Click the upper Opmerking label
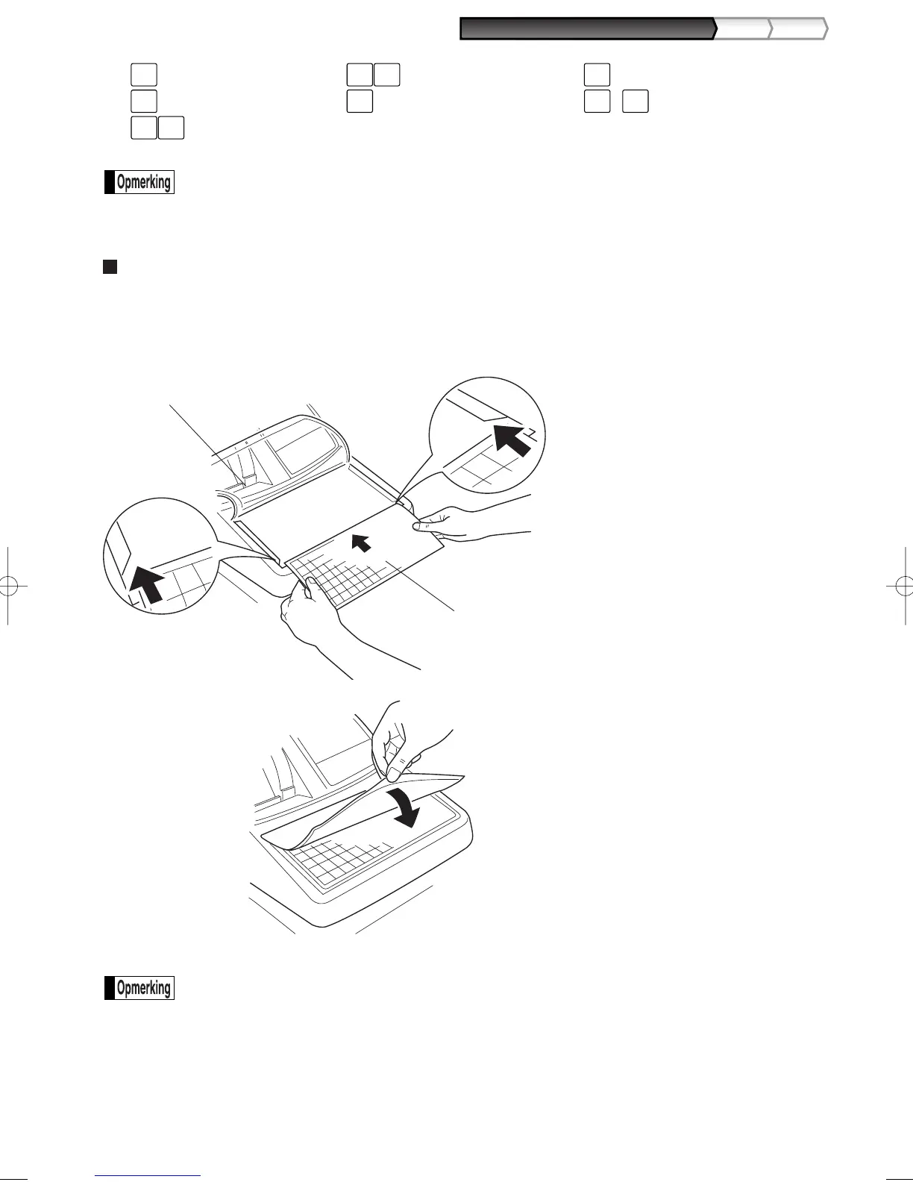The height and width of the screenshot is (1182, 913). click(x=139, y=183)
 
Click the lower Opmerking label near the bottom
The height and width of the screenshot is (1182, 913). click(x=139, y=988)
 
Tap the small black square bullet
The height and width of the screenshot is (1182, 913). click(x=110, y=266)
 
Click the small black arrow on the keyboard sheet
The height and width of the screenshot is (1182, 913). click(x=362, y=542)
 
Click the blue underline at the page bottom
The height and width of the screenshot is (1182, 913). click(x=148, y=1176)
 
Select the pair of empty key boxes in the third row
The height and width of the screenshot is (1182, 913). click(x=157, y=128)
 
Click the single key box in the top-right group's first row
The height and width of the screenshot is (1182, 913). click(x=597, y=75)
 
